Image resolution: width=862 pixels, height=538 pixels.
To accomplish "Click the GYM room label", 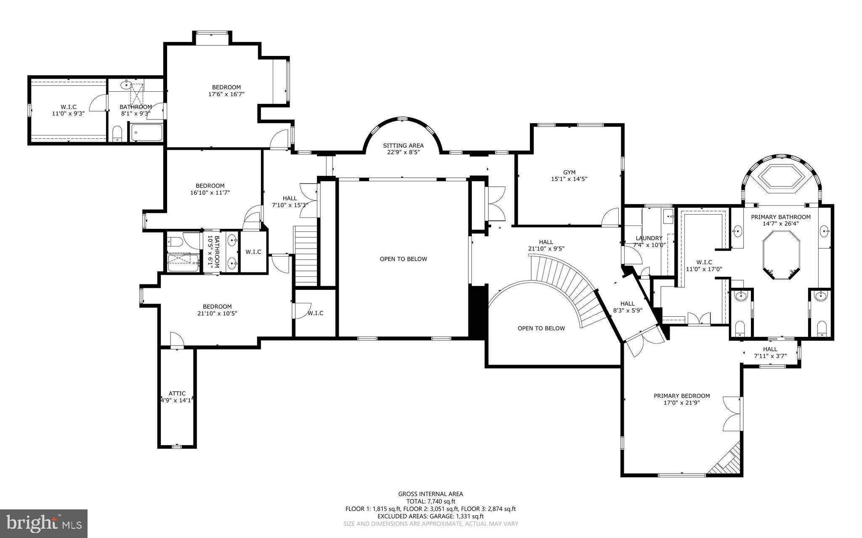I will pyautogui.click(x=569, y=172).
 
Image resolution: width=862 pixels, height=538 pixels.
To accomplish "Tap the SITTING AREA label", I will pyautogui.click(x=403, y=146).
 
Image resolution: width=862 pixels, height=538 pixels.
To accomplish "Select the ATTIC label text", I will pyautogui.click(x=177, y=393).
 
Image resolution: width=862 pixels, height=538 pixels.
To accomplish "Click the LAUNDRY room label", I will pyautogui.click(x=649, y=238).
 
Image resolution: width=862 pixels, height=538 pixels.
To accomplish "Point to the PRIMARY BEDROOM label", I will pyautogui.click(x=681, y=396).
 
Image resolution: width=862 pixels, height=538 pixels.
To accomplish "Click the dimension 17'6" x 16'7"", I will pyautogui.click(x=226, y=94).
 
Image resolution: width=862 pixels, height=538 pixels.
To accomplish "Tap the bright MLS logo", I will pyautogui.click(x=44, y=523).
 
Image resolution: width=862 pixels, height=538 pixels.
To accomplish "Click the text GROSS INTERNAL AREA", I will pyautogui.click(x=431, y=494).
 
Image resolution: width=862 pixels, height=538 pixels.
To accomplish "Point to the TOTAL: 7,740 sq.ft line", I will pyautogui.click(x=431, y=501).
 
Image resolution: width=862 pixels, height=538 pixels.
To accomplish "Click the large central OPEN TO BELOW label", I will pyautogui.click(x=403, y=259).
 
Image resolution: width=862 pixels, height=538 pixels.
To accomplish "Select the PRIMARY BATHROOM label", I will pyautogui.click(x=781, y=217).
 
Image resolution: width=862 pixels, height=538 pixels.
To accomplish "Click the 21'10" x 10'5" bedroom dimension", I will pyautogui.click(x=217, y=313).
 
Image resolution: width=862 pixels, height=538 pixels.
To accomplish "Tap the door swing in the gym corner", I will pyautogui.click(x=610, y=217).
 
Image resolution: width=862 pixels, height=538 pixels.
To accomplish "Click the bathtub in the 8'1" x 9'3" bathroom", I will pyautogui.click(x=146, y=133).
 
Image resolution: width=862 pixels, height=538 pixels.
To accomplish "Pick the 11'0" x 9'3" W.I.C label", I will pyautogui.click(x=68, y=107).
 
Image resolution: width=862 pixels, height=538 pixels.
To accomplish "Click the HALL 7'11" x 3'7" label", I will pyautogui.click(x=770, y=349).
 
